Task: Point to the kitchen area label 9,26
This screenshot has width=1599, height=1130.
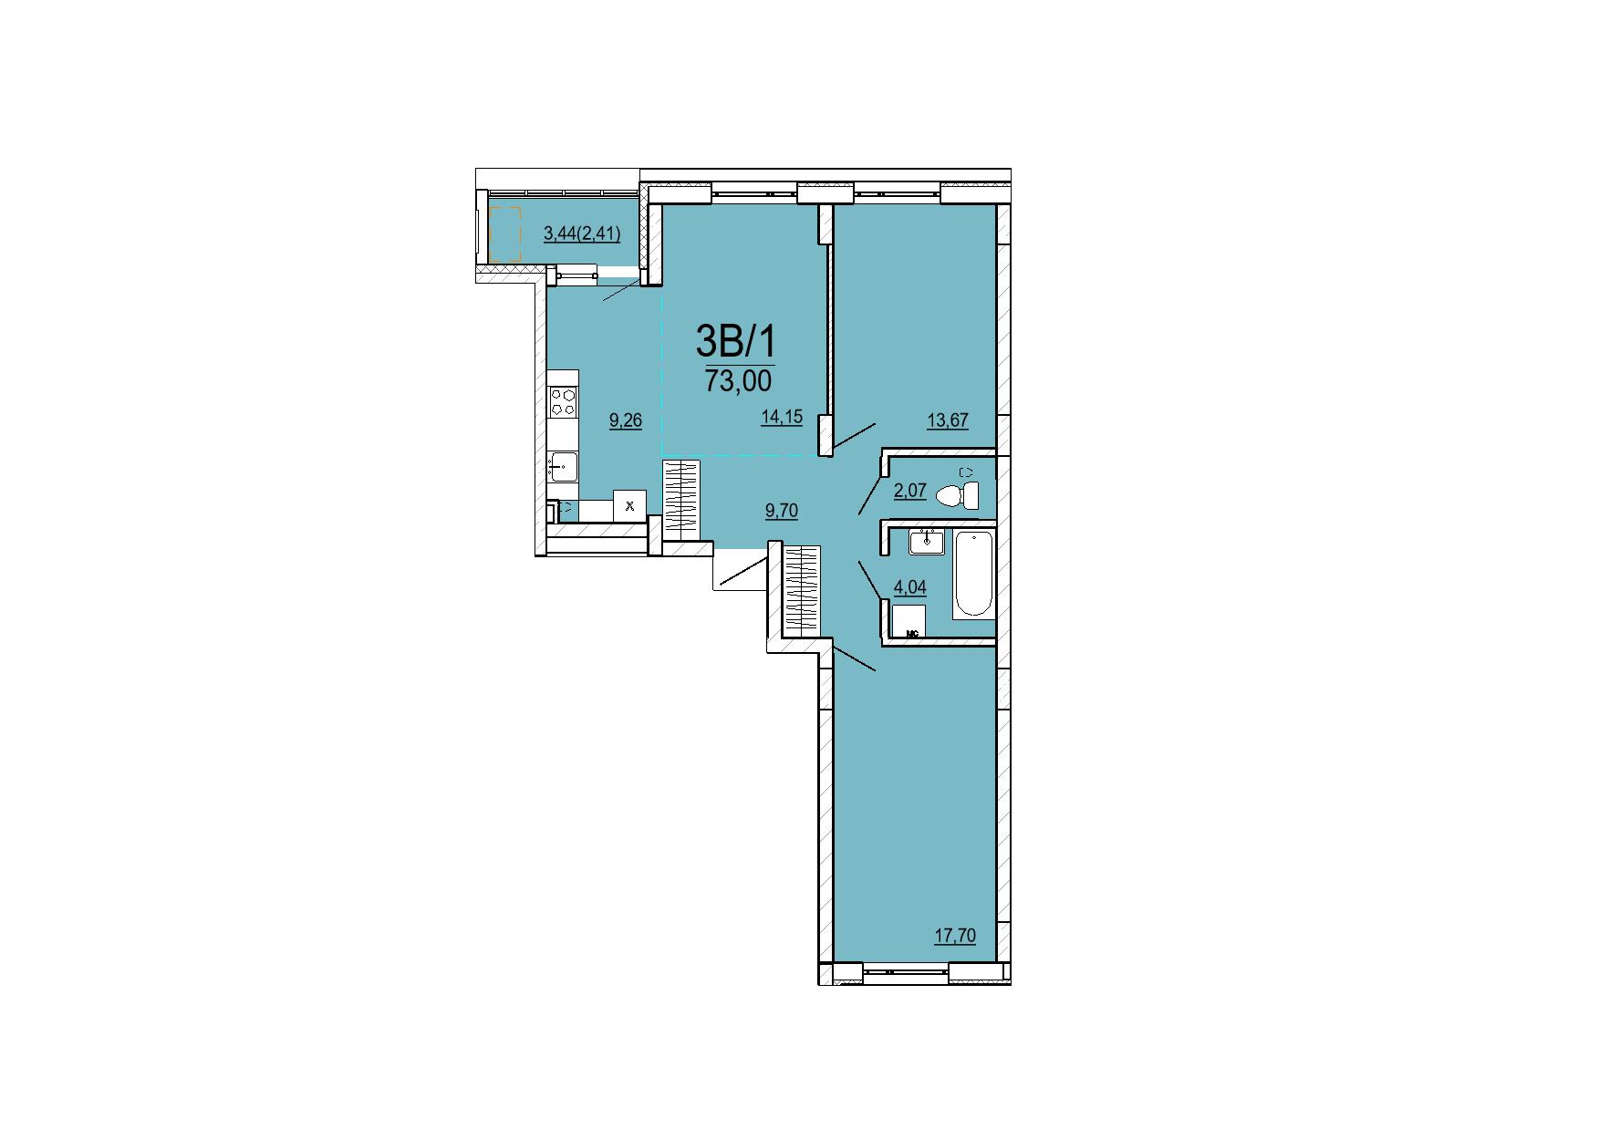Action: point(626,420)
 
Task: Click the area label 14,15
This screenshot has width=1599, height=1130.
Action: point(782,418)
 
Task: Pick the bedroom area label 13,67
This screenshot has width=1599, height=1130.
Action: point(948,420)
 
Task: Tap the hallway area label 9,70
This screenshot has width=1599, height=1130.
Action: point(781,511)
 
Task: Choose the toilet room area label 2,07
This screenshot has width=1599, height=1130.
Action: point(910,491)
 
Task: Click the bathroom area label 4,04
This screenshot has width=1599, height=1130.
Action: point(910,587)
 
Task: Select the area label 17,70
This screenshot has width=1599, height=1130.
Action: point(955,936)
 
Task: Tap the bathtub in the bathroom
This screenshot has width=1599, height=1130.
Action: point(973,575)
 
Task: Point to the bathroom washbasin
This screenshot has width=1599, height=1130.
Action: point(928,541)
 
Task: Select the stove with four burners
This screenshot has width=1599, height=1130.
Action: point(564,402)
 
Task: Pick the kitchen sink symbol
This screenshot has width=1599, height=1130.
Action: point(563,467)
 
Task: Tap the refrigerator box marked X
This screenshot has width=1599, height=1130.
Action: point(629,505)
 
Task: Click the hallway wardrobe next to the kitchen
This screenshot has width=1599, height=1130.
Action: point(680,498)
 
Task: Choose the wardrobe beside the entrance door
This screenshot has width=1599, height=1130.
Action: point(802,590)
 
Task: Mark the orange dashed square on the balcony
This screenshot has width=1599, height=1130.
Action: point(504,234)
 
